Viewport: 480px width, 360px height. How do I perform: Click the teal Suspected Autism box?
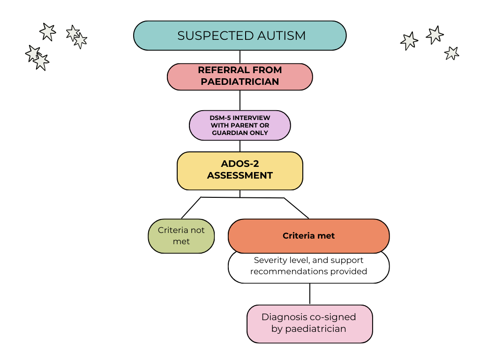tap(240, 36)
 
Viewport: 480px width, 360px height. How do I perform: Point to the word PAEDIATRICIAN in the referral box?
tap(240, 82)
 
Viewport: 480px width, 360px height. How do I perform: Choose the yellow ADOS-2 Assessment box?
tap(240, 170)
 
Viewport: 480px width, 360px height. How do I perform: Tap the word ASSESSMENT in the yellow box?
tap(240, 176)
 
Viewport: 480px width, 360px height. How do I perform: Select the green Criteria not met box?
tap(181, 236)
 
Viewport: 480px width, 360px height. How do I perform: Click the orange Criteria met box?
tap(308, 236)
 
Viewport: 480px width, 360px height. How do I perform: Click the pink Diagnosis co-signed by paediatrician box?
tap(309, 323)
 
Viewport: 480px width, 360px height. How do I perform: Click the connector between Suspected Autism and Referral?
tap(240, 57)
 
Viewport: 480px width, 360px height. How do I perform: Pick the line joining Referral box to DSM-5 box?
tap(240, 100)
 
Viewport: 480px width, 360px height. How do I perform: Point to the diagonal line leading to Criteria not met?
tap(191, 208)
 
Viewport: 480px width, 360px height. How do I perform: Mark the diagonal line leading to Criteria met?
tap(296, 208)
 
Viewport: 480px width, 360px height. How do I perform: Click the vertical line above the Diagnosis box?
tap(309, 294)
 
